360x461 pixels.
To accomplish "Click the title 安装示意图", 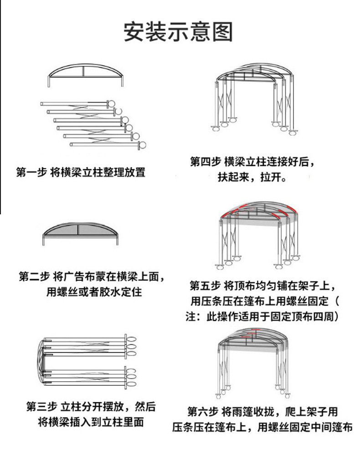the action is [179, 32].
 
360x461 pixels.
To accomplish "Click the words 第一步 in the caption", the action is [31, 172].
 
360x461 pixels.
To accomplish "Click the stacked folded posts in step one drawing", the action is [91, 123].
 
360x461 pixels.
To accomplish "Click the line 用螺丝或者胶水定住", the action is [94, 291].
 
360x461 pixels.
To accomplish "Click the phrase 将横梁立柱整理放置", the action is [98, 172].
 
